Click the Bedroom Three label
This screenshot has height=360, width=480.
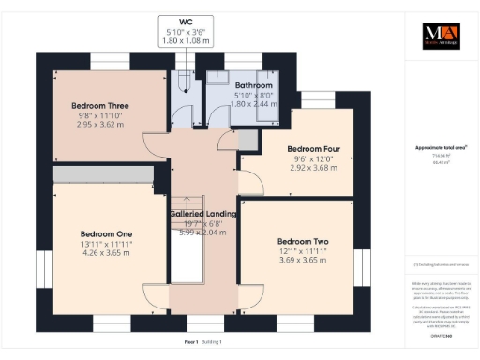click(x=99, y=105)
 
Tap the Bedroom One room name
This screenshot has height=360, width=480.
click(x=106, y=232)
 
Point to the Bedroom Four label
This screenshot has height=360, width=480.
click(x=313, y=149)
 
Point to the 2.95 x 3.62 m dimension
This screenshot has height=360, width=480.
click(x=99, y=124)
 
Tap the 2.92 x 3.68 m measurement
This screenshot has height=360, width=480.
click(x=313, y=168)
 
